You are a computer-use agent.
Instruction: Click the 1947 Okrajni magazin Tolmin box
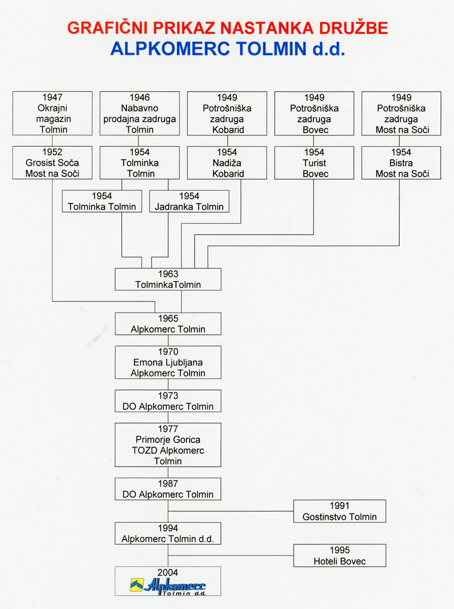coord(52,113)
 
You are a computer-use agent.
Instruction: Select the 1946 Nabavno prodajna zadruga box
coord(139,113)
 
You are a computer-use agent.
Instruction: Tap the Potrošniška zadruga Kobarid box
coord(227,113)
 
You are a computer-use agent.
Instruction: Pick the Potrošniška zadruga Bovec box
coord(314,113)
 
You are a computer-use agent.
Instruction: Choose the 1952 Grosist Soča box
coord(52,163)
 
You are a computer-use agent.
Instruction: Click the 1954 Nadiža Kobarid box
coord(227,163)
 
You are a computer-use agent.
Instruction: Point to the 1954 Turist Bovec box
coord(314,163)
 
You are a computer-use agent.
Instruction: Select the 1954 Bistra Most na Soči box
coord(401,163)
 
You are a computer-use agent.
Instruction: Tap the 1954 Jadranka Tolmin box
coord(189,201)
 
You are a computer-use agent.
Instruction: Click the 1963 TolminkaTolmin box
coord(168,280)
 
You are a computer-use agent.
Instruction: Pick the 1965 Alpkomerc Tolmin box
coord(168,324)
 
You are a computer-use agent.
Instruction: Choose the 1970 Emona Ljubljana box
coord(168,362)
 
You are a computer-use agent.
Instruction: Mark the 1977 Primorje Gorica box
coord(168,445)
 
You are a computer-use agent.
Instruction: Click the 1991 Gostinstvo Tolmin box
coord(340,511)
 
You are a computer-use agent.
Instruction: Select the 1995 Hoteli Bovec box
coord(340,556)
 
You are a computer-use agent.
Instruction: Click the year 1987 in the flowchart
coord(168,484)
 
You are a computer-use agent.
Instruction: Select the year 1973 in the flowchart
coord(168,396)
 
